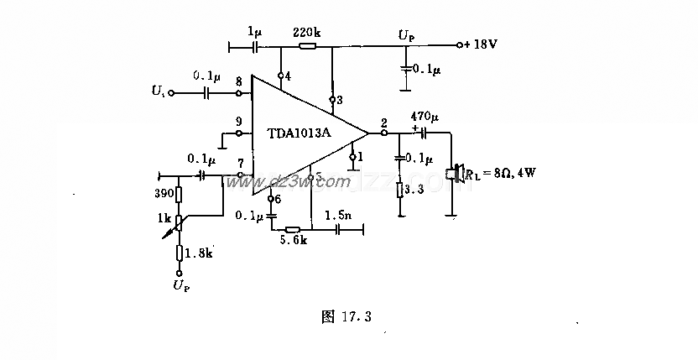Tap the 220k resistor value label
pos(307,33)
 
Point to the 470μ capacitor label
pos(424,115)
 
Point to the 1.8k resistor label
pos(198,253)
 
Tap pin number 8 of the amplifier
pos(240,81)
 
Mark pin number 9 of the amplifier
pos(240,120)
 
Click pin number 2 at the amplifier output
pos(383,123)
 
